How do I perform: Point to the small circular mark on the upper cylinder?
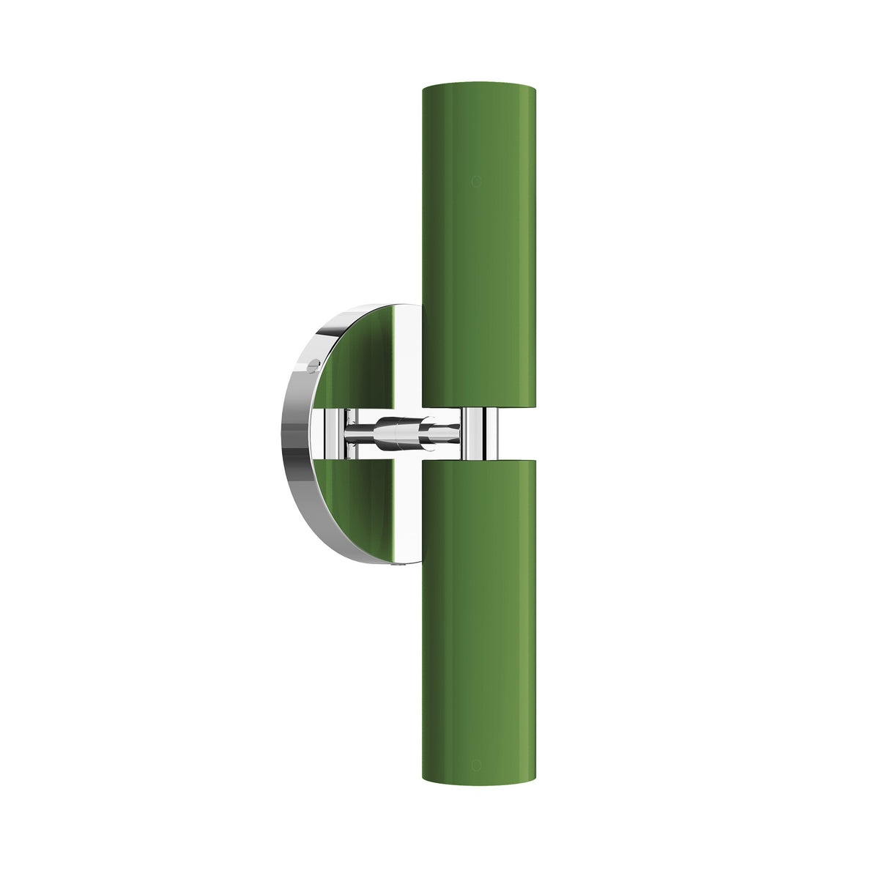(x=476, y=180)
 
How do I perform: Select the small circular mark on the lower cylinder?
(x=476, y=767)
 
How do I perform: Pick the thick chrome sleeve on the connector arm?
(x=399, y=432)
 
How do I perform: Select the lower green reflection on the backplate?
(x=359, y=505)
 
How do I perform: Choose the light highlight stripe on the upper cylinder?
(x=528, y=242)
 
